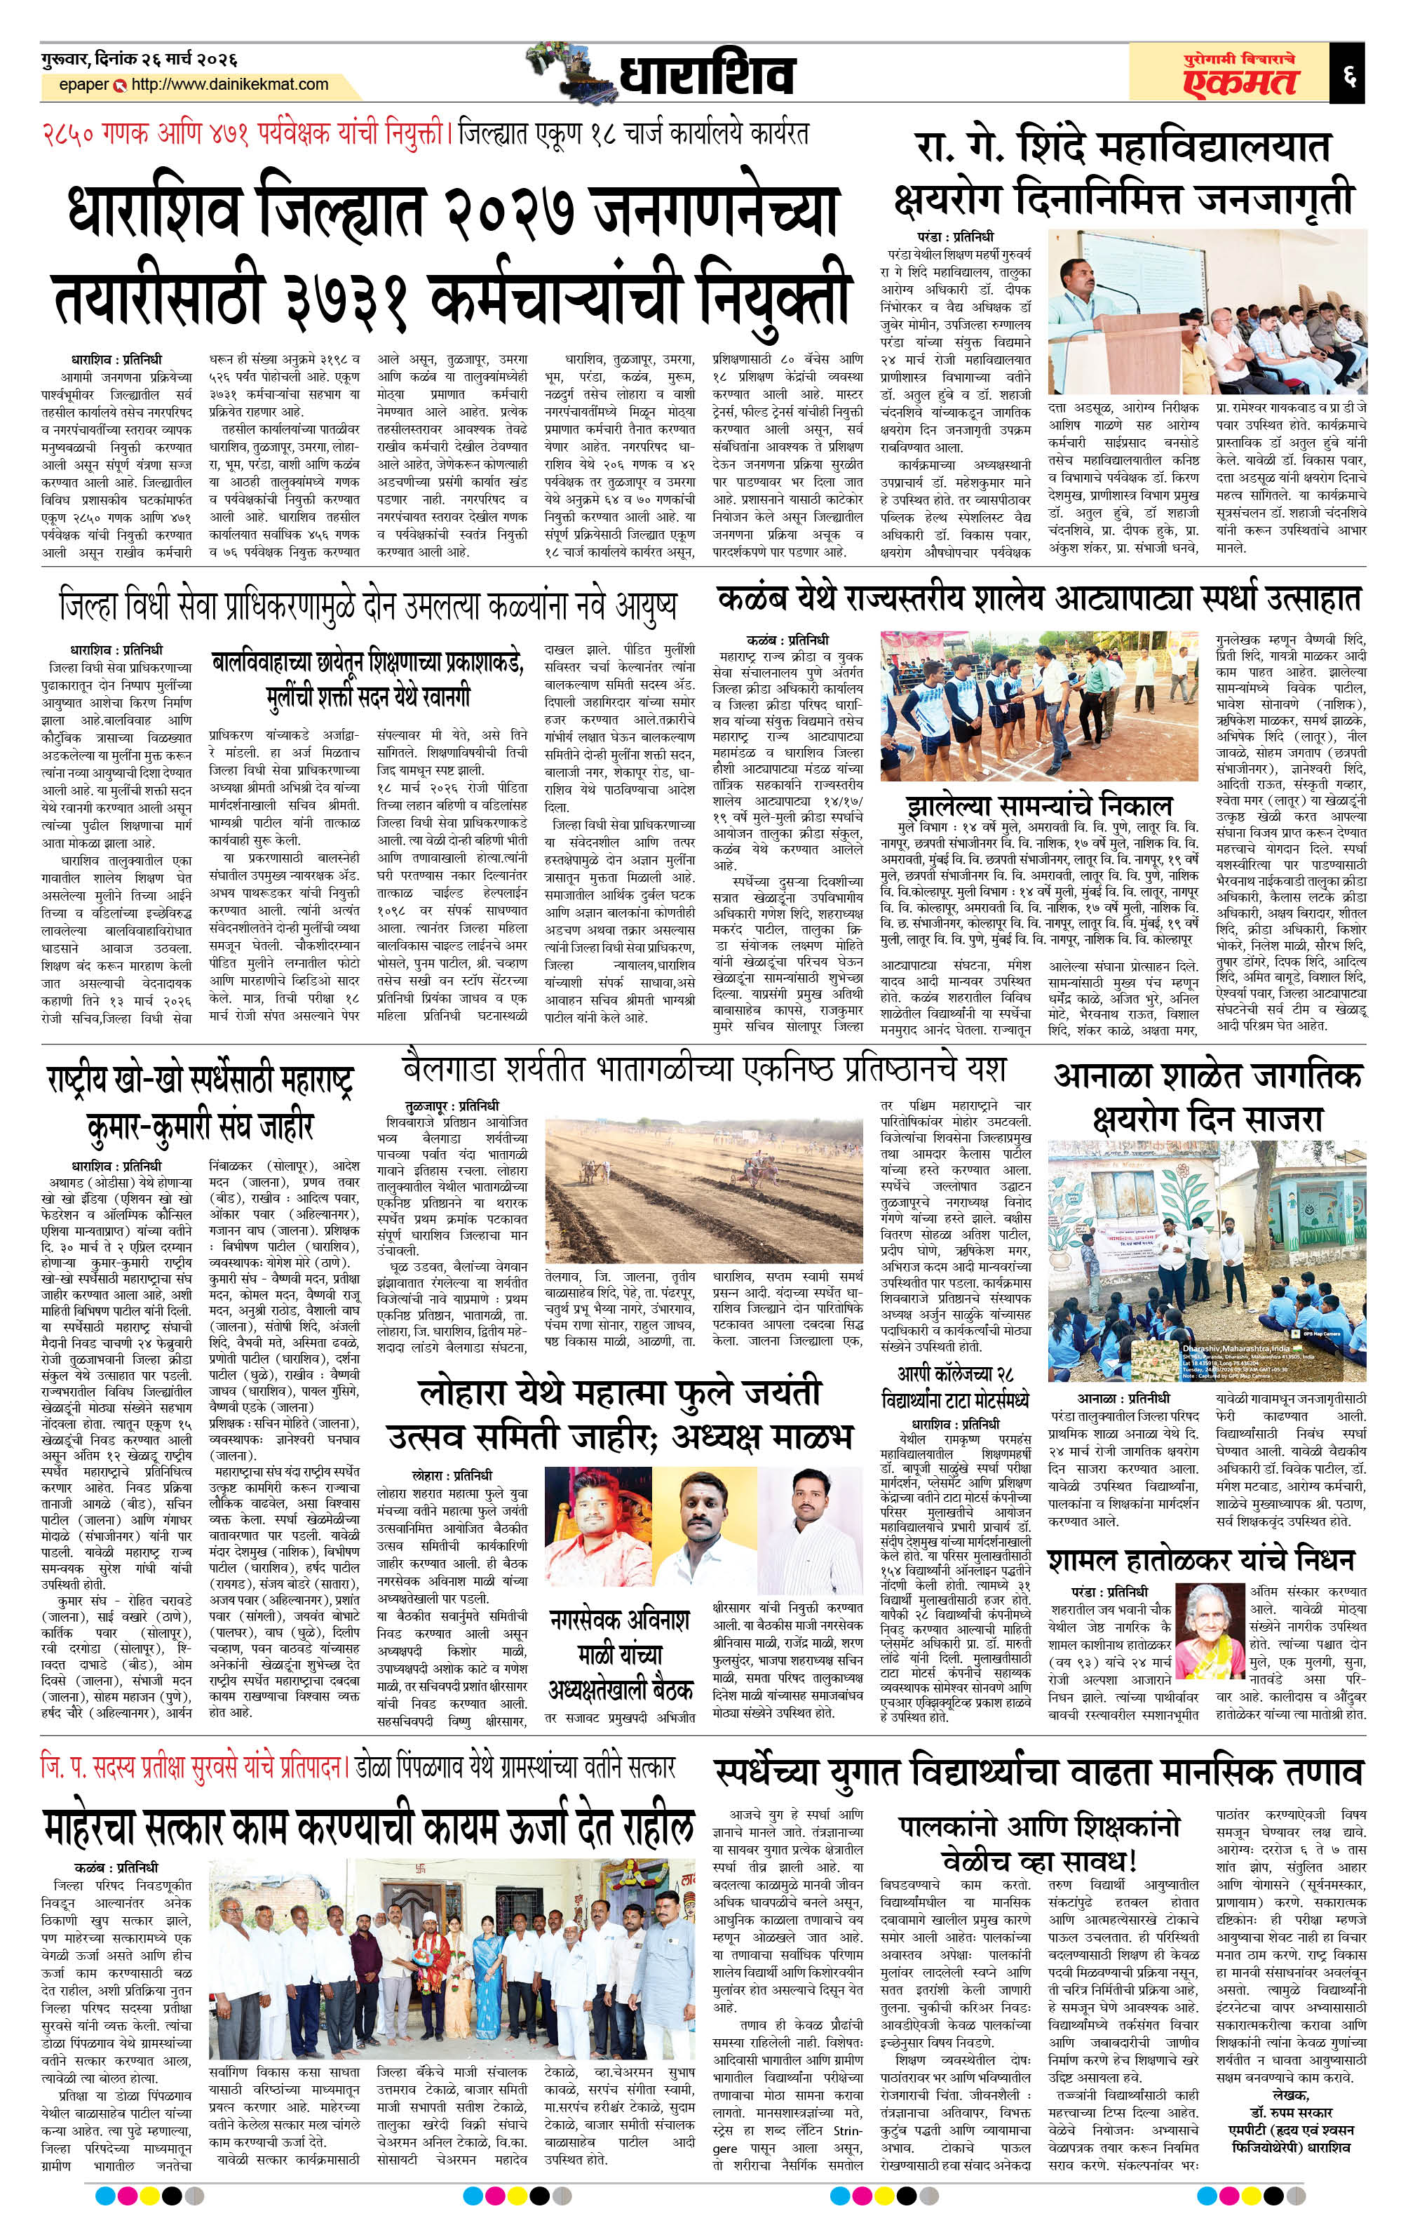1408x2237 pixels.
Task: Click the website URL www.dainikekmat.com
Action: (x=230, y=86)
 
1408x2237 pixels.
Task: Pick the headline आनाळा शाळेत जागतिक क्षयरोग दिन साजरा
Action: (x=1207, y=1096)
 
